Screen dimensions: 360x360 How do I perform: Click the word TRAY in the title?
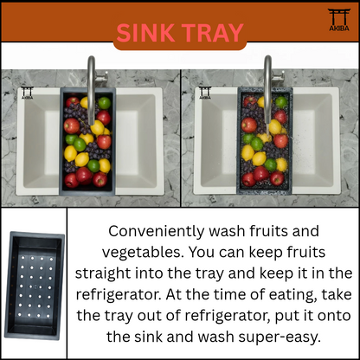tap(213, 33)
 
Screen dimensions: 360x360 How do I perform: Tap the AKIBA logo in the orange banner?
tap(339, 20)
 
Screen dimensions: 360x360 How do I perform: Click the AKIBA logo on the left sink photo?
tap(28, 93)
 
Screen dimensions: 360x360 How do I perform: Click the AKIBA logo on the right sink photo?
tap(205, 93)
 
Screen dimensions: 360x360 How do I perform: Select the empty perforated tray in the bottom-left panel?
tap(35, 286)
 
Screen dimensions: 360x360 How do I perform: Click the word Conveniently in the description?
tap(157, 231)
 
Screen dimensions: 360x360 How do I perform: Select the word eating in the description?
tap(292, 295)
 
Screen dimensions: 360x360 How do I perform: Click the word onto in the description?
tap(334, 316)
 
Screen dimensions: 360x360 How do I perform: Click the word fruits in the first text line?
tap(270, 231)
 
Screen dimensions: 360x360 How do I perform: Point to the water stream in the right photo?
tap(267, 131)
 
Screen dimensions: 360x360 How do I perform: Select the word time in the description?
tap(228, 294)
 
